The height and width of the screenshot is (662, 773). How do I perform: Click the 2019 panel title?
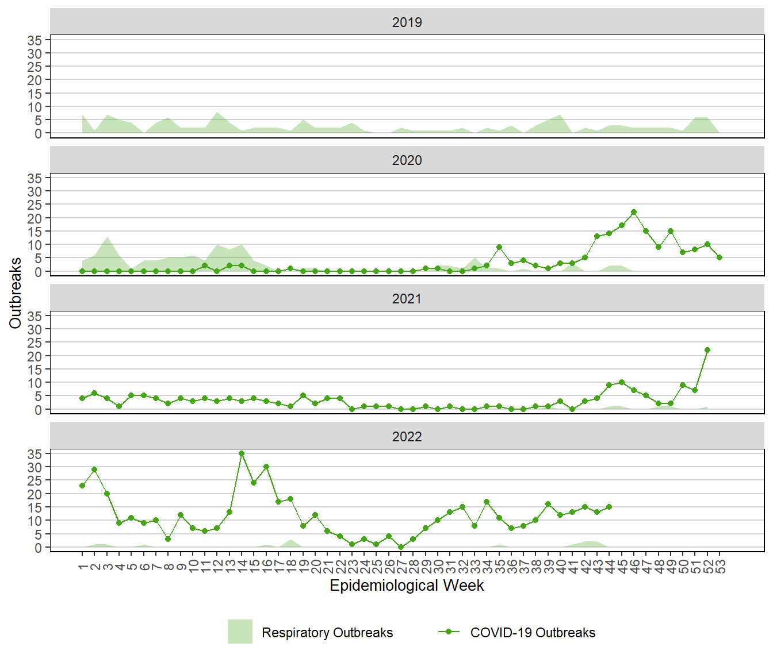pyautogui.click(x=407, y=22)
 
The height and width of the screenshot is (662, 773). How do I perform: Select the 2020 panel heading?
pyautogui.click(x=407, y=160)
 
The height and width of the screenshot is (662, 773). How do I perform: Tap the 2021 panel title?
pyautogui.click(x=407, y=299)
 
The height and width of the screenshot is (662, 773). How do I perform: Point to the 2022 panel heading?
pyautogui.click(x=407, y=437)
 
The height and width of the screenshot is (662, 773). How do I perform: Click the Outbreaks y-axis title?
pyautogui.click(x=16, y=293)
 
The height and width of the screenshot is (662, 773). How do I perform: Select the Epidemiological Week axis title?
pyautogui.click(x=407, y=586)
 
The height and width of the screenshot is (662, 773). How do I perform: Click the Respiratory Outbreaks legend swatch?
pyautogui.click(x=240, y=632)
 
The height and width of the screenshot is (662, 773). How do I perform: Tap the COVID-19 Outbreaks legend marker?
pyautogui.click(x=449, y=632)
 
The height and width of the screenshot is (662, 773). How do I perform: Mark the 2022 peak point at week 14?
pyautogui.click(x=242, y=453)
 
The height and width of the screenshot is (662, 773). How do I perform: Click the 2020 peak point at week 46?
pyautogui.click(x=634, y=212)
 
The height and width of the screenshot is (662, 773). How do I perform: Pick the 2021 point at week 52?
pyautogui.click(x=707, y=350)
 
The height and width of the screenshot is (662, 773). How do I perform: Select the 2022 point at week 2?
pyautogui.click(x=94, y=469)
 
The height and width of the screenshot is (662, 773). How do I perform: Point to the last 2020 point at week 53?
pyautogui.click(x=720, y=257)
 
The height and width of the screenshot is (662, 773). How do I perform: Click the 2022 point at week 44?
pyautogui.click(x=609, y=507)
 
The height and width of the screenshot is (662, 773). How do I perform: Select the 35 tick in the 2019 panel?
pyautogui.click(x=35, y=40)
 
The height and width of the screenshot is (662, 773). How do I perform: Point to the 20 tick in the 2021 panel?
pyautogui.click(x=35, y=356)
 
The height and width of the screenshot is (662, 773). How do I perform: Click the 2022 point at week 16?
pyautogui.click(x=266, y=467)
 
